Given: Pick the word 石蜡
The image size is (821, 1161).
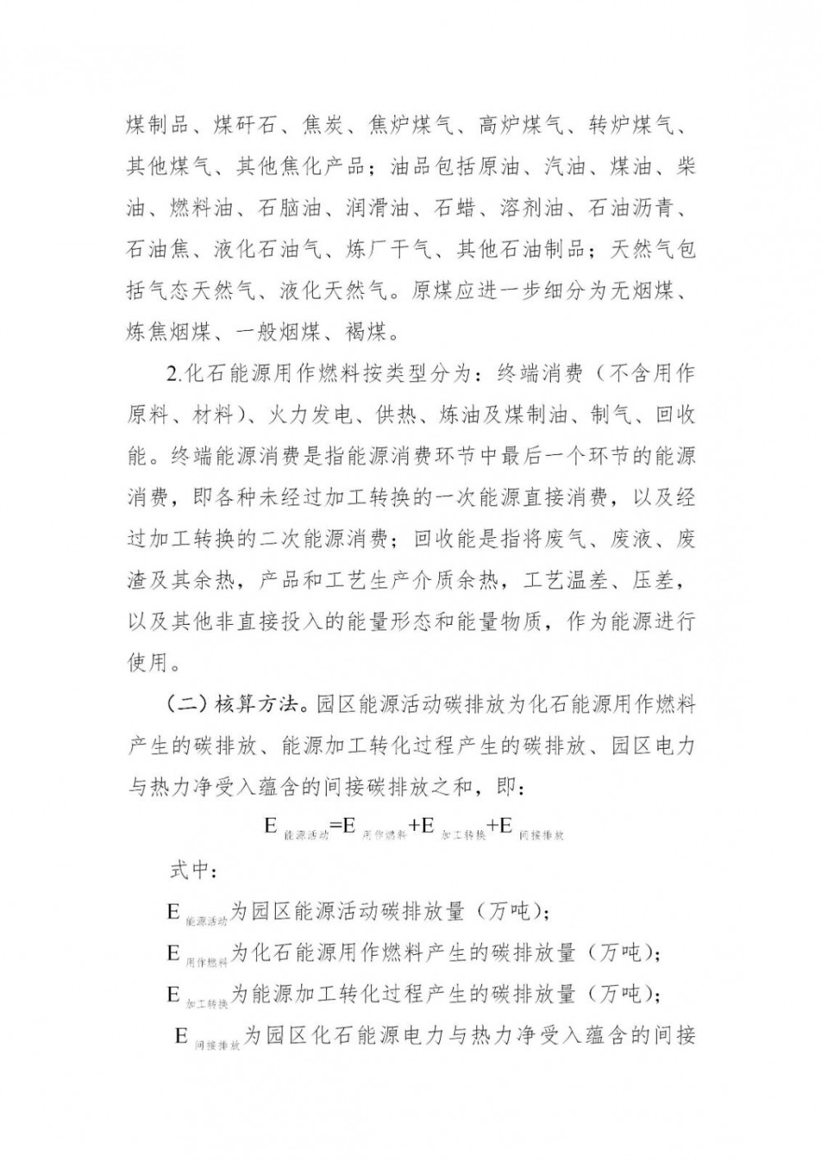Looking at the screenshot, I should pyautogui.click(x=455, y=209).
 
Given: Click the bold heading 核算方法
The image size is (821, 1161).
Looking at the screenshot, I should pyautogui.click(x=245, y=705).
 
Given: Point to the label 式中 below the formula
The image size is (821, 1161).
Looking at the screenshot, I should pyautogui.click(x=190, y=870).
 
